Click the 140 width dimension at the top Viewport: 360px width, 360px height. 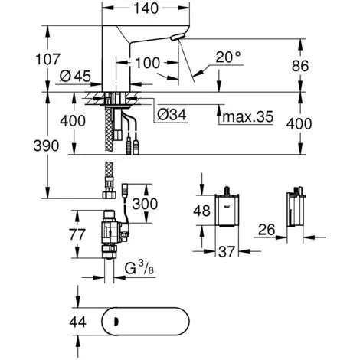click(x=146, y=8)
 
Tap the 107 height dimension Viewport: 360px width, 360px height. click(x=47, y=59)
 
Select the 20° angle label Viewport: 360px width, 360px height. click(x=228, y=57)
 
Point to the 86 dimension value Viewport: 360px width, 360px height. click(x=300, y=66)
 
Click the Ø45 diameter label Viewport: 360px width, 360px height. click(x=75, y=76)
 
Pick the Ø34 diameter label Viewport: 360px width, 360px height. click(x=172, y=114)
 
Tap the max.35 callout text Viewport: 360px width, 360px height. click(x=247, y=116)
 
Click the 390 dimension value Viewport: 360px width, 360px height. click(x=46, y=146)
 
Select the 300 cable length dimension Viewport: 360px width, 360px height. click(x=145, y=204)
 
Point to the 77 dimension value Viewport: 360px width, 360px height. click(x=77, y=234)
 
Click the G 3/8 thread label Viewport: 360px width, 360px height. click(x=139, y=269)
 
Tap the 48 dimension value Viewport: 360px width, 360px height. click(x=201, y=211)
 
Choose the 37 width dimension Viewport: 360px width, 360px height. click(x=227, y=252)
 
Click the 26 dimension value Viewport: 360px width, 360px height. click(x=267, y=230)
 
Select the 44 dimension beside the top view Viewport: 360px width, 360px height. click(x=77, y=322)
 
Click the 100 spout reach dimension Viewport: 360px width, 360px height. click(x=147, y=63)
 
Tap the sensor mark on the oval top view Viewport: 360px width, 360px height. click(x=117, y=321)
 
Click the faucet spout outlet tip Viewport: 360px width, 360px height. click(x=175, y=38)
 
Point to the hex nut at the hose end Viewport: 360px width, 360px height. click(x=110, y=195)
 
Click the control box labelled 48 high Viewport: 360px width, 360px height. click(x=227, y=210)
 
